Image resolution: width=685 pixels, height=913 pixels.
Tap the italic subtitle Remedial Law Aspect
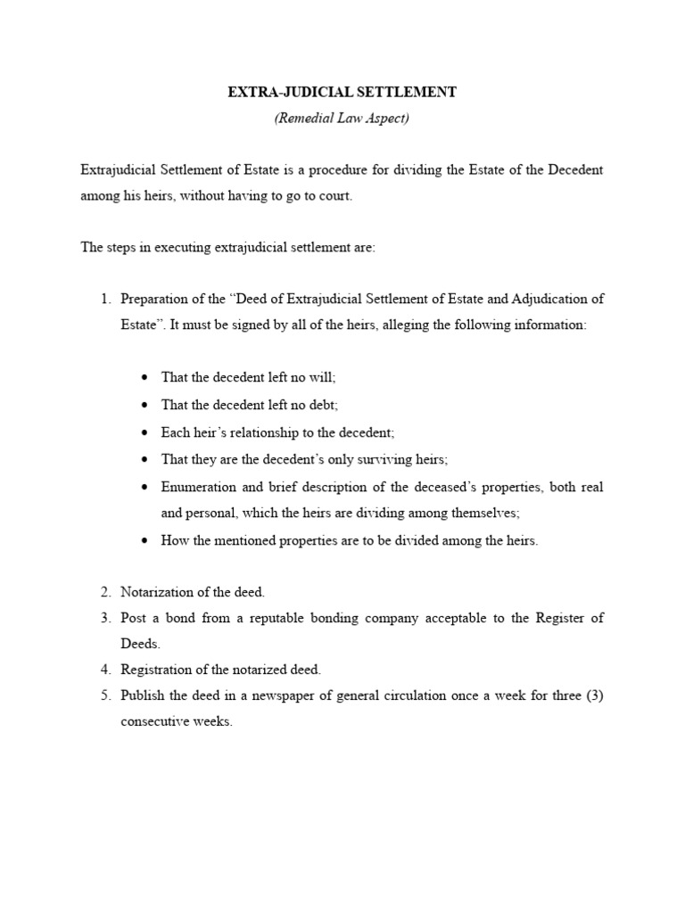click(342, 119)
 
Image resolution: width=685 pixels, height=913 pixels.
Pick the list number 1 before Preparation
click(104, 299)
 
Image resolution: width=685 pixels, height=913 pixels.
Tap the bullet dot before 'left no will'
click(144, 379)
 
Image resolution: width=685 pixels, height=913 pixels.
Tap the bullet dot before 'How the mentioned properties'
click(144, 541)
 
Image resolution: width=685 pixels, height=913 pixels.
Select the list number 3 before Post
click(104, 618)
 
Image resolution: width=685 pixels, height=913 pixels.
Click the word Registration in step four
click(157, 670)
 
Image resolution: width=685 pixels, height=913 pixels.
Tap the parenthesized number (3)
click(593, 696)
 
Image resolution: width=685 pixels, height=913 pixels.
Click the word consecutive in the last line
click(157, 722)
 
